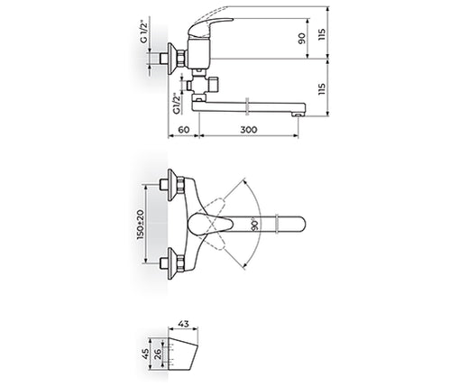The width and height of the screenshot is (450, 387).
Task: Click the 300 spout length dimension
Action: [251, 130]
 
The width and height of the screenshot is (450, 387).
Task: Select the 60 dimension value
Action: [183, 130]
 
